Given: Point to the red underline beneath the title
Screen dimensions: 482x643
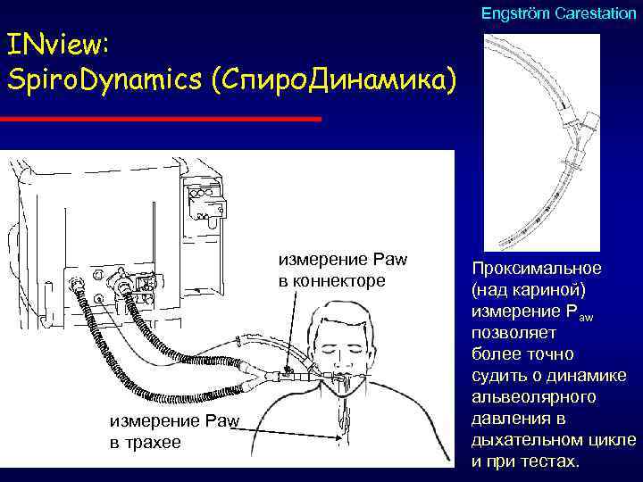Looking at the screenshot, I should pyautogui.click(x=161, y=118).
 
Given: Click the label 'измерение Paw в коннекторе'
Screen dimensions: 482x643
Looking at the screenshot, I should pyautogui.click(x=342, y=270).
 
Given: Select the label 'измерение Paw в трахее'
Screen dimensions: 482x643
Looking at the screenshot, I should pyautogui.click(x=170, y=428).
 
